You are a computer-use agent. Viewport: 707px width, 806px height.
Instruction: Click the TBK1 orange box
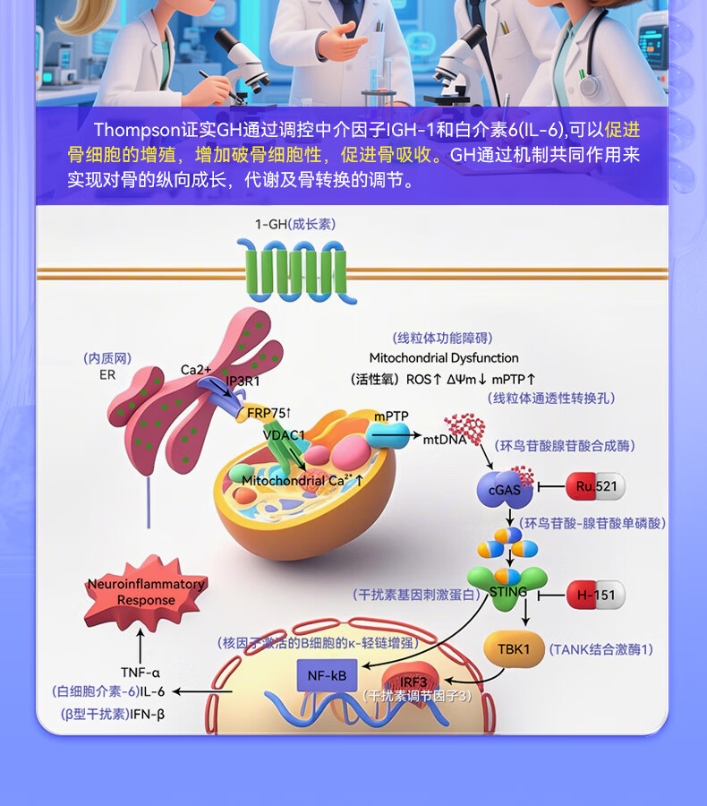(x=514, y=648)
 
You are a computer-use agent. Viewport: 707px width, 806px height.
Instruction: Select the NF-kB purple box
(x=326, y=675)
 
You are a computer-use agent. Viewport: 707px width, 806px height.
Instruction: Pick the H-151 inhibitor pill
(x=595, y=594)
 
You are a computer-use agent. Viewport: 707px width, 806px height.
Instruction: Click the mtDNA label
(x=445, y=440)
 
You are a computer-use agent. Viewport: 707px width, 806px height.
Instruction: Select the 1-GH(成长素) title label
(x=296, y=225)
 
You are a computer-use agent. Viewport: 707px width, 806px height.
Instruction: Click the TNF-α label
(x=141, y=672)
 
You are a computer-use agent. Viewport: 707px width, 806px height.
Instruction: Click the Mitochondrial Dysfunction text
(x=444, y=357)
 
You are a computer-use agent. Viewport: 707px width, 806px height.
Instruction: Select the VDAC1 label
(x=284, y=435)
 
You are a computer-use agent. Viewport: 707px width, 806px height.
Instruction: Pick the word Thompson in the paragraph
(x=136, y=131)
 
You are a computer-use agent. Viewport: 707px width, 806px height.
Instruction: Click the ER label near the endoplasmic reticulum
(x=107, y=375)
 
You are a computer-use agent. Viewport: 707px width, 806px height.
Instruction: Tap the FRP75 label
(x=269, y=412)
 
